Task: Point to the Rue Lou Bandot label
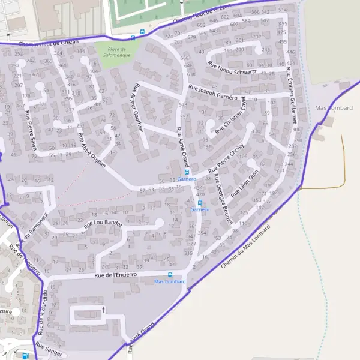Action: pos(103,224)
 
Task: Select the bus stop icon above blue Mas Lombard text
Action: pos(170,275)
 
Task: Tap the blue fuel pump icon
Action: pos(25,356)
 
